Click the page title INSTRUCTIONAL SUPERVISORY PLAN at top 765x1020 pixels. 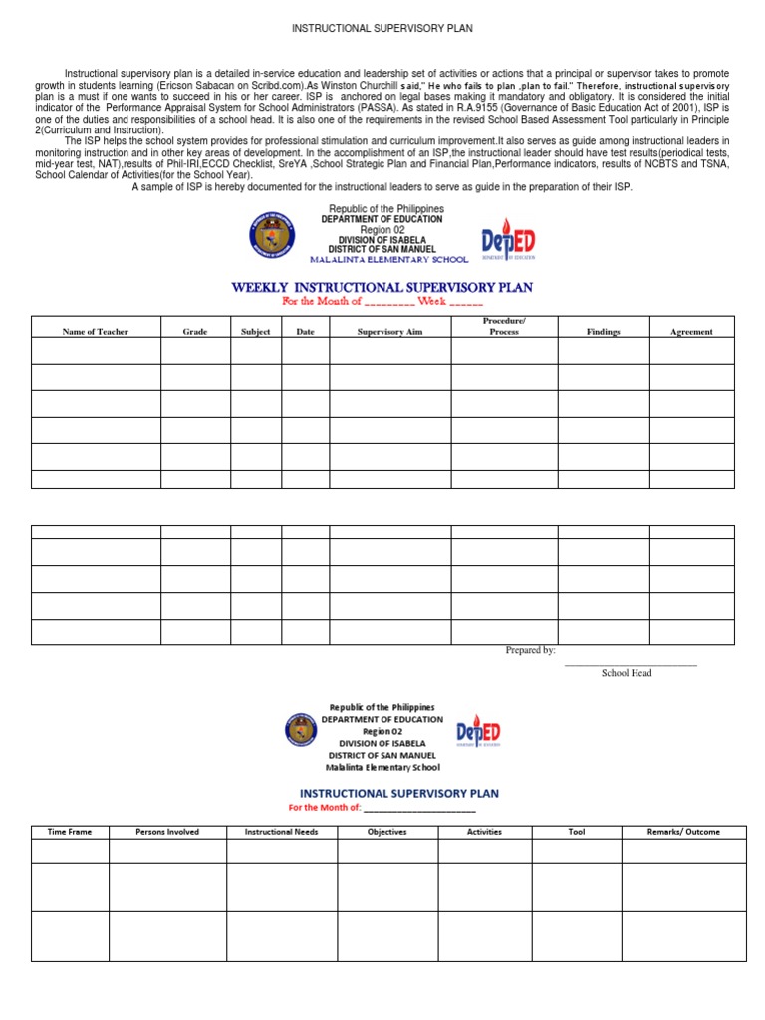[382, 29]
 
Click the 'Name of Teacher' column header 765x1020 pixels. [96, 332]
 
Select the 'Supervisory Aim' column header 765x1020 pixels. [389, 332]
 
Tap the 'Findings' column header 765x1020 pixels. [603, 332]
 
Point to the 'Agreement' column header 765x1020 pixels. [691, 332]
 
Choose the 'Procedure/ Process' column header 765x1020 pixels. [504, 326]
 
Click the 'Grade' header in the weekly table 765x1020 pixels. [195, 332]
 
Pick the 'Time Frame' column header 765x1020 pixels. [70, 832]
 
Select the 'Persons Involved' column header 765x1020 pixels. [167, 832]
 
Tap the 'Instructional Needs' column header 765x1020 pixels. [282, 832]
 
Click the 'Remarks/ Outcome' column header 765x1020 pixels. [683, 832]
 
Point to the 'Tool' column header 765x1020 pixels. [576, 832]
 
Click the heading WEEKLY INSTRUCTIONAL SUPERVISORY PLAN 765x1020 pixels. [382, 287]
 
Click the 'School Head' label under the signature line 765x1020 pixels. [627, 674]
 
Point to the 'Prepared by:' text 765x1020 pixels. [530, 650]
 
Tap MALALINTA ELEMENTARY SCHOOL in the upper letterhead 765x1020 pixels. [387, 260]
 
